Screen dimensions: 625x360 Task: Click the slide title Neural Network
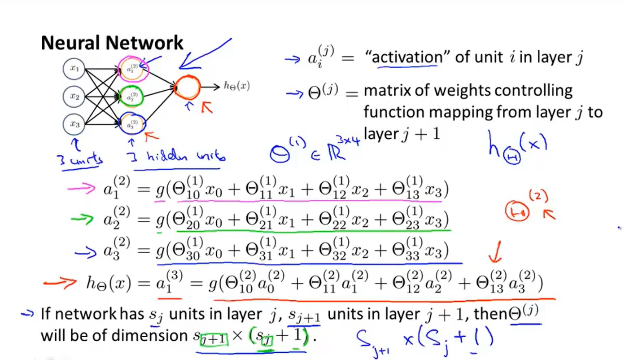(112, 43)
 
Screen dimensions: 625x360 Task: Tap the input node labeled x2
(74, 96)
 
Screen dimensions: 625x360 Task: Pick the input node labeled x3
(74, 124)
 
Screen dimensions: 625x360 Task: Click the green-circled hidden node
(132, 96)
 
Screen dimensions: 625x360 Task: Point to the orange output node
(187, 87)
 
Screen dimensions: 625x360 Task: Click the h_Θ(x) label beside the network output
(236, 86)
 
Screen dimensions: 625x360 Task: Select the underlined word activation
(407, 58)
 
